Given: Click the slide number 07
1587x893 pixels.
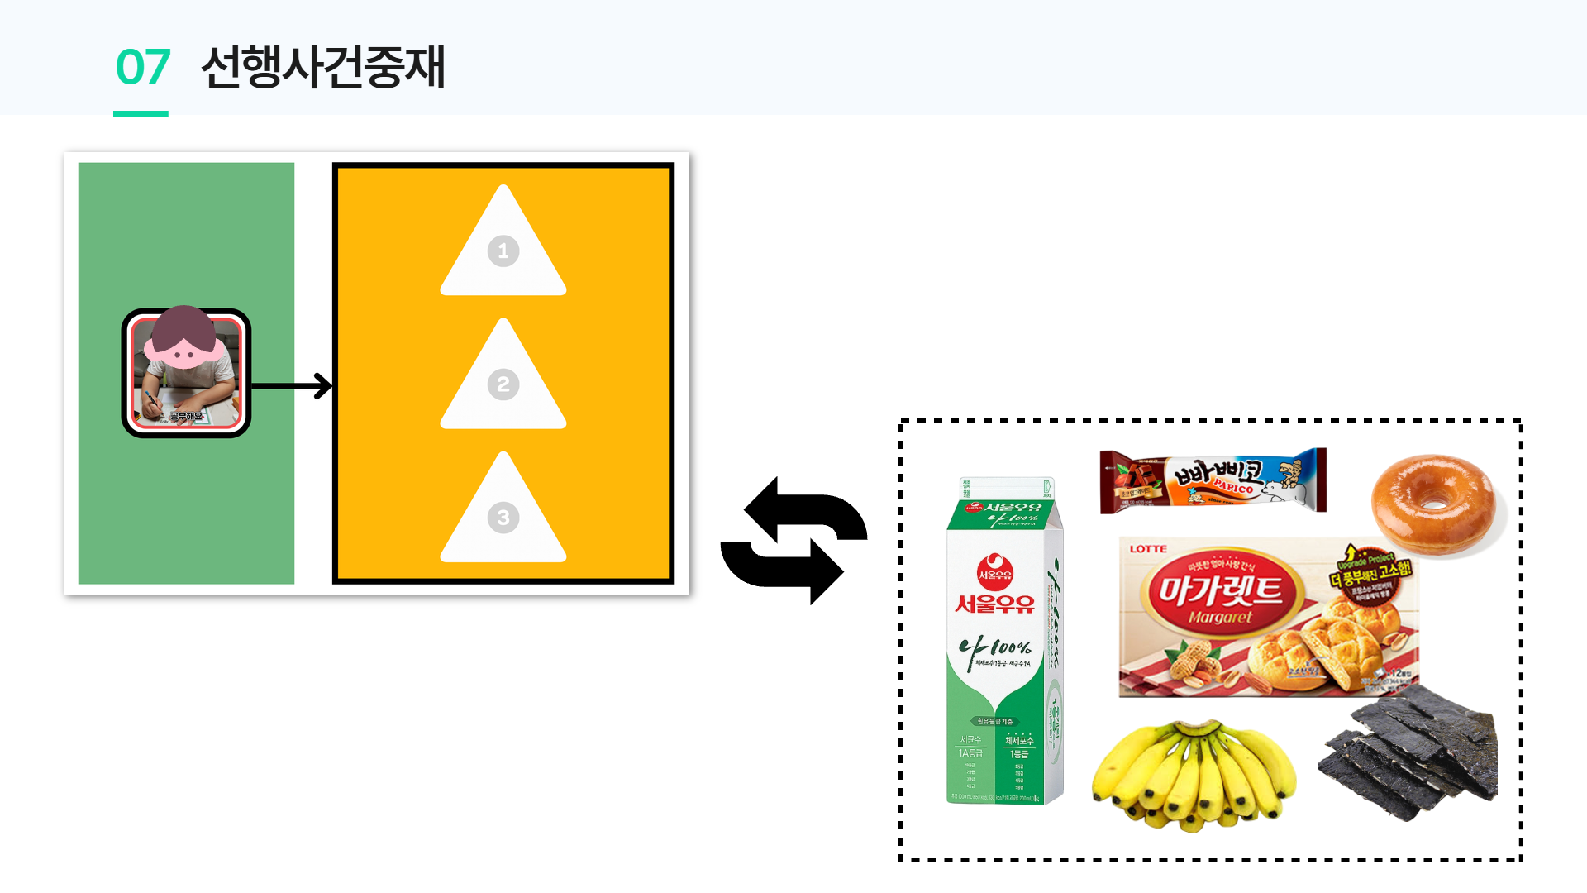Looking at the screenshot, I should (x=143, y=67).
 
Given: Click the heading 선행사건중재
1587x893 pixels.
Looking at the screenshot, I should (x=323, y=67).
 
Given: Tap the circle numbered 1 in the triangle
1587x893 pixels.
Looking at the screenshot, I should (x=503, y=251).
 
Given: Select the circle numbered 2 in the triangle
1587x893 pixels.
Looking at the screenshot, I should (x=503, y=384).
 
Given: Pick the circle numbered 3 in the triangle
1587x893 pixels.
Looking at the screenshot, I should (x=503, y=518).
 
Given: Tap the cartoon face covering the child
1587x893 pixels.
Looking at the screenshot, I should (x=183, y=338).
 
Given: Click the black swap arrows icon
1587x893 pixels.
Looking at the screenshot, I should (x=793, y=541).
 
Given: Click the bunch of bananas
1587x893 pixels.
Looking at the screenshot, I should (x=1193, y=776).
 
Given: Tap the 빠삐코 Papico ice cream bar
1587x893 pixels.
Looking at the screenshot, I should (x=1213, y=480).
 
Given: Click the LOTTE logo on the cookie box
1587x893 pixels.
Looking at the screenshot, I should (x=1148, y=549).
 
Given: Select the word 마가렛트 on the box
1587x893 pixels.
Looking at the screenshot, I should (x=1219, y=590).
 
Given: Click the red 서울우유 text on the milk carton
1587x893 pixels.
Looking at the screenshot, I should (x=994, y=604).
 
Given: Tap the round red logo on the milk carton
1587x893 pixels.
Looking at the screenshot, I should (x=995, y=572).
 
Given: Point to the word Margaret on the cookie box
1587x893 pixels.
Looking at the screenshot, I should (x=1220, y=617).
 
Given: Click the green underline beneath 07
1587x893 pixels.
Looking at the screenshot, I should (x=141, y=114).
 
